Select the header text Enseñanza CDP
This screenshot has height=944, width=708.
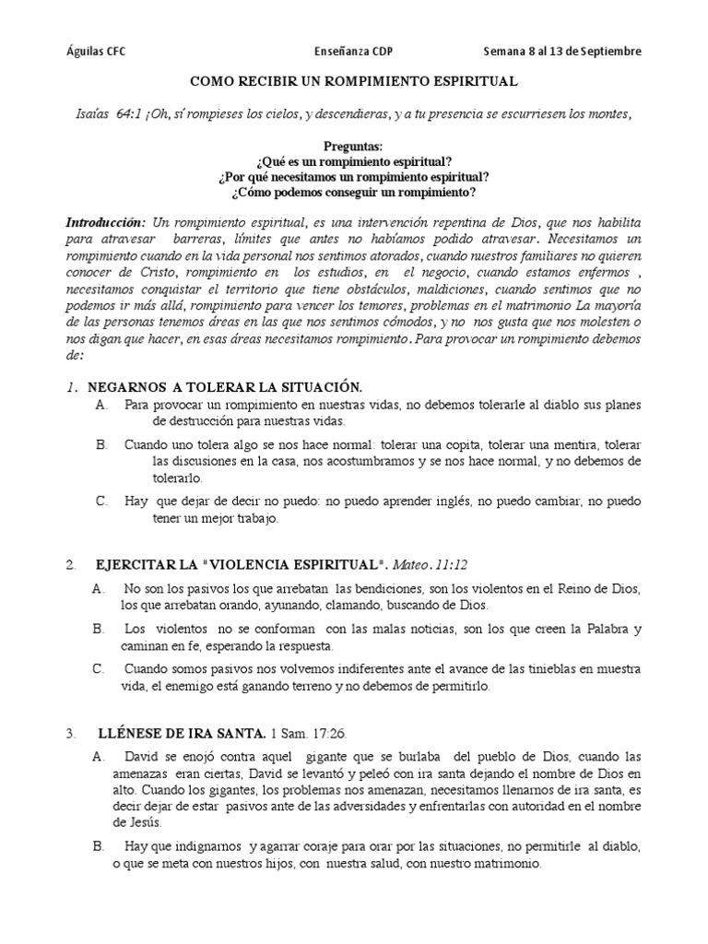[x=354, y=52]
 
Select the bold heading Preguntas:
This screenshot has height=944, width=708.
[x=354, y=147]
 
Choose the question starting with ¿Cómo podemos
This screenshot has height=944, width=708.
[x=354, y=191]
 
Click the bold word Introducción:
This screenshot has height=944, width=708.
[x=105, y=224]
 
